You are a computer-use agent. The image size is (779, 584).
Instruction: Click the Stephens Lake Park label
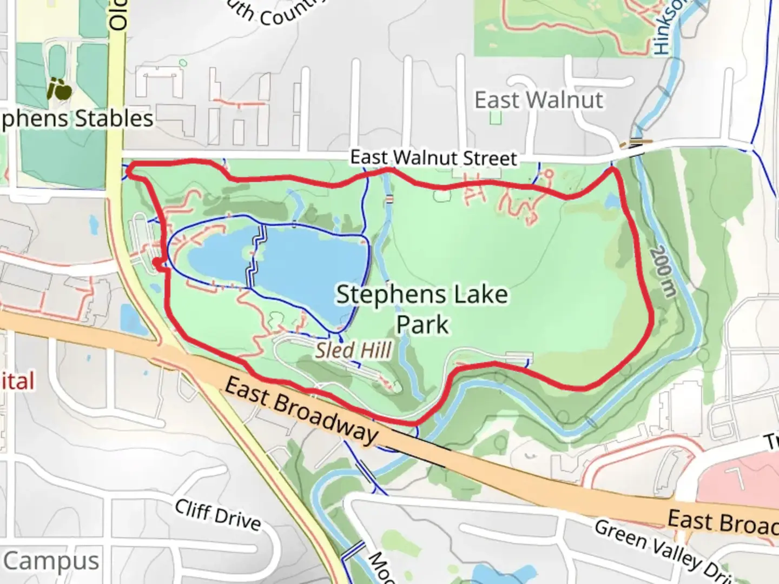(x=422, y=309)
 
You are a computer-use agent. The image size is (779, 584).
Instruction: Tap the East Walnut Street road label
(x=434, y=158)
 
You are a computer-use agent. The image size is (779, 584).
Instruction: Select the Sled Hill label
(x=353, y=350)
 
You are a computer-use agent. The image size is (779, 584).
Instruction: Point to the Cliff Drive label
(x=218, y=514)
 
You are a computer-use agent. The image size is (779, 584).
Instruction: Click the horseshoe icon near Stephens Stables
(x=59, y=89)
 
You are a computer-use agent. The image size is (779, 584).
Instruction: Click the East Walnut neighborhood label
(x=539, y=100)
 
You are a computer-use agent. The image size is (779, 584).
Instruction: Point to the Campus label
(x=52, y=561)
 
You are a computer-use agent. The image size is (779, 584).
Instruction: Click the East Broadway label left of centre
(x=301, y=409)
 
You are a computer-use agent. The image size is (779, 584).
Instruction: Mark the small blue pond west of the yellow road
(x=130, y=318)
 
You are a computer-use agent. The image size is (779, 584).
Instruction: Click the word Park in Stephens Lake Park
(x=422, y=325)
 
